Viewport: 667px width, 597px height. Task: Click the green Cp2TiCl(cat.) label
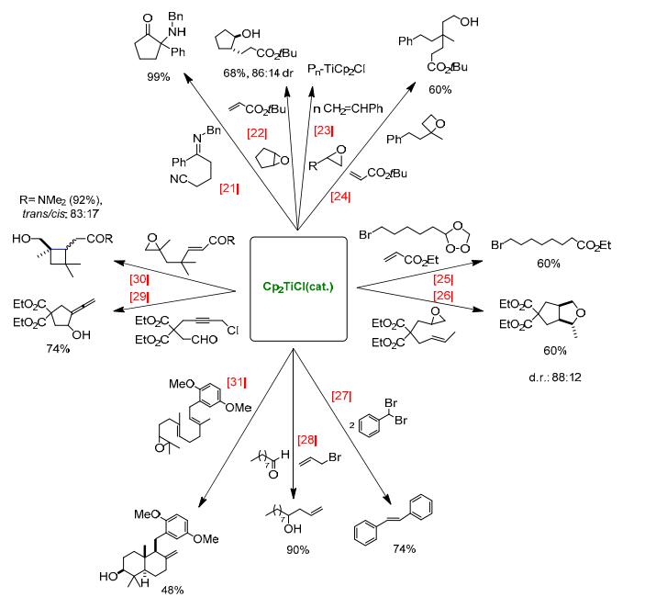click(x=298, y=287)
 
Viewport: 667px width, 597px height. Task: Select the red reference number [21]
click(x=228, y=187)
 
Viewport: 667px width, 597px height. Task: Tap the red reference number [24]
click(x=340, y=197)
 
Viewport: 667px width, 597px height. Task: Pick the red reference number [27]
click(x=341, y=396)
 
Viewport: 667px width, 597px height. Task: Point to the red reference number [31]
click(x=237, y=382)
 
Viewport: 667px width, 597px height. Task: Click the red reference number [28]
click(x=307, y=439)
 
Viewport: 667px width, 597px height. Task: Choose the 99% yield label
click(x=158, y=77)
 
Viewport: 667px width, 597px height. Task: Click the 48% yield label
click(x=172, y=591)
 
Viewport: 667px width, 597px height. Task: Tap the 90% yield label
click(x=297, y=550)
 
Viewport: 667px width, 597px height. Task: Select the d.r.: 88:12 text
click(x=555, y=377)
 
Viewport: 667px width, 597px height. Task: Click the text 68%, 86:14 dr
click(x=258, y=73)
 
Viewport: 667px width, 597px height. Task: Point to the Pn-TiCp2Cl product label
click(x=336, y=69)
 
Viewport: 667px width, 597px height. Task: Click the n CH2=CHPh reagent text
click(x=348, y=108)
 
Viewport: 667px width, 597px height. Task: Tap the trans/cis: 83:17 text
click(x=60, y=213)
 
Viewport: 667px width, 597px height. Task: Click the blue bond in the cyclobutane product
click(x=59, y=249)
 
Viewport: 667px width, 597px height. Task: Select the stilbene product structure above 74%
click(x=393, y=519)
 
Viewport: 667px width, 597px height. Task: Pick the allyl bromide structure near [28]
click(x=320, y=459)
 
